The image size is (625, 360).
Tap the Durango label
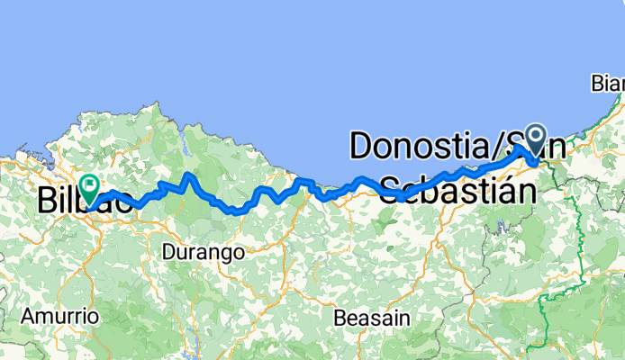(x=204, y=253)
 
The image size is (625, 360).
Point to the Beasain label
(x=371, y=319)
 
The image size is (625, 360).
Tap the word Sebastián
(x=455, y=190)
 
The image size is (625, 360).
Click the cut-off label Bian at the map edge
(x=608, y=84)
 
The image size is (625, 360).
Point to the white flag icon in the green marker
(x=90, y=186)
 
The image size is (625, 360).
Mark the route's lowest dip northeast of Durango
(x=236, y=213)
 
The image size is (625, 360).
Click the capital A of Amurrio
(x=28, y=317)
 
